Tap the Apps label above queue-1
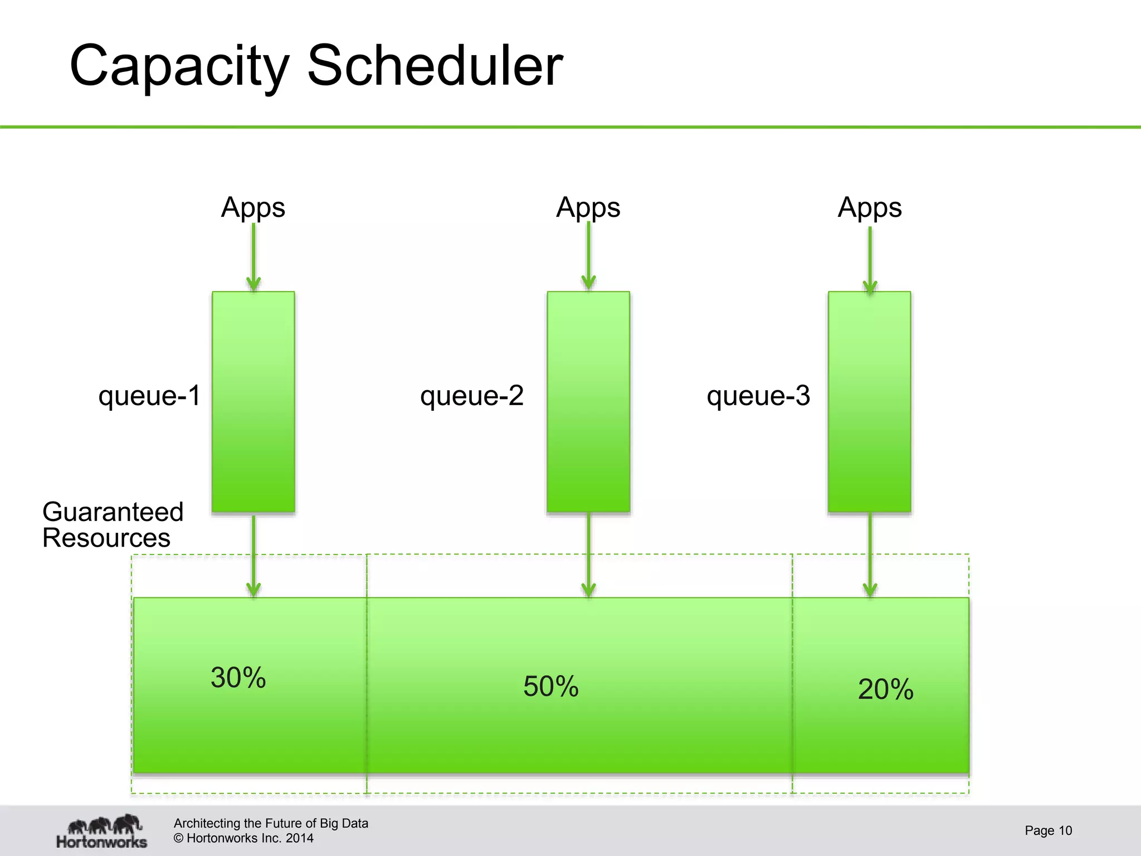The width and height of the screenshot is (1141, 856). point(253,208)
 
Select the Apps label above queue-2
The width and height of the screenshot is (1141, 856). point(588,208)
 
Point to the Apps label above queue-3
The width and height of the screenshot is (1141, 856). point(870,208)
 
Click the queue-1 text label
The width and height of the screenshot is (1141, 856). point(149,396)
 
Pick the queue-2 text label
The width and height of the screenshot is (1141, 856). point(472,396)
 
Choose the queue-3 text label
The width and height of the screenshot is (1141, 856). point(758,396)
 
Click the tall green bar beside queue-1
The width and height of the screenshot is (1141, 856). point(253,401)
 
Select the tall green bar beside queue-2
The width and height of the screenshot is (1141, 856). point(588,401)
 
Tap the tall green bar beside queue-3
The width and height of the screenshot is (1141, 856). point(870,401)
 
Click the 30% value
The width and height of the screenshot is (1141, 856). point(238,678)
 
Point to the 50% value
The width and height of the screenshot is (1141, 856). point(551,686)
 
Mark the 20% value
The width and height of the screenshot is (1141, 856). point(886,689)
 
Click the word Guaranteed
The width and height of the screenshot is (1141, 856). point(113,512)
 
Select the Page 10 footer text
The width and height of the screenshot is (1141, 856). point(1048,830)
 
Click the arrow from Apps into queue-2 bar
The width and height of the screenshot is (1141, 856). point(588,256)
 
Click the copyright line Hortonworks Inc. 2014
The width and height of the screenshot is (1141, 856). point(243,838)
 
